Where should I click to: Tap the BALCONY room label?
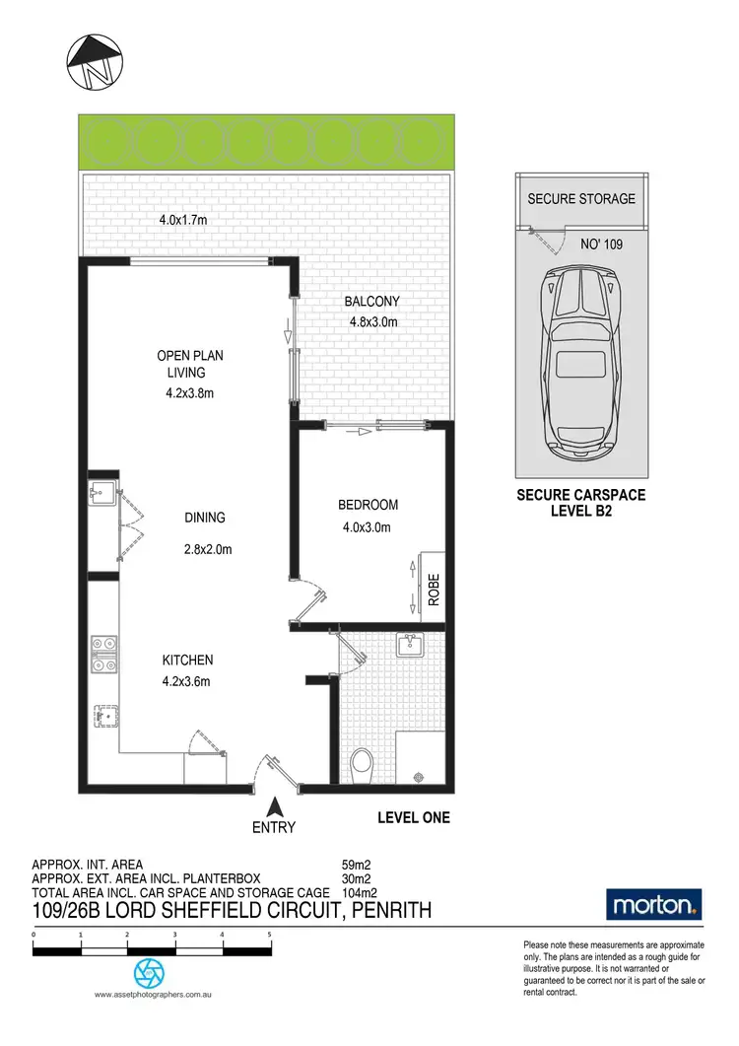click(x=371, y=302)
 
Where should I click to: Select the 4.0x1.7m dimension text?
click(x=183, y=220)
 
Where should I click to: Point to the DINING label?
click(x=204, y=518)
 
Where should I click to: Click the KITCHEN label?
click(x=187, y=660)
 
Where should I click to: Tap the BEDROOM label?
click(x=368, y=505)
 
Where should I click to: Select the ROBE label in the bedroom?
click(x=433, y=589)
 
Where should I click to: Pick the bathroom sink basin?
click(x=409, y=646)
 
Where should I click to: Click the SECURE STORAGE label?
click(x=581, y=198)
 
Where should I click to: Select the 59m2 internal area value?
click(x=356, y=866)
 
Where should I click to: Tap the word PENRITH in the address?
click(x=387, y=909)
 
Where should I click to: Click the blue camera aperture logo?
click(x=151, y=974)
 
